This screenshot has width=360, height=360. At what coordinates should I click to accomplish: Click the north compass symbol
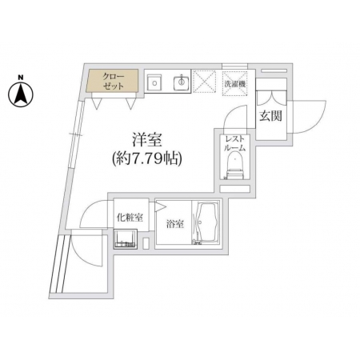[x=21, y=94]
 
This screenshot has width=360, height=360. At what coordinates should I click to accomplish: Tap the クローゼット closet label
[x=114, y=82]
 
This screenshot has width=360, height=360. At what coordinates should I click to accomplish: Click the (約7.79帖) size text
[x=147, y=159]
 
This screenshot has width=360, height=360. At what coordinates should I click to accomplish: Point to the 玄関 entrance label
[x=270, y=116]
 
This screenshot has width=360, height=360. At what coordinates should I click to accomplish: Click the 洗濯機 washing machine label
[x=234, y=84]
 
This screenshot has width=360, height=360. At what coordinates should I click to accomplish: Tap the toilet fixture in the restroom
[x=235, y=166]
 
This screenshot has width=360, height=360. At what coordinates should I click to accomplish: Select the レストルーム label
[x=234, y=143]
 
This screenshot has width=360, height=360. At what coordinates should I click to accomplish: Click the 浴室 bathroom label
[x=175, y=224]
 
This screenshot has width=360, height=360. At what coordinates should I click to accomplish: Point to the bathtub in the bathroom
[x=207, y=223]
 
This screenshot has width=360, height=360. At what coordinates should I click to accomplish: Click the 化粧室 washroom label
[x=130, y=218]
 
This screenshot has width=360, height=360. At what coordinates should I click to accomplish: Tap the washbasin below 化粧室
[x=125, y=239]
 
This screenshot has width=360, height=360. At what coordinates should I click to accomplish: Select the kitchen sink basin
[x=182, y=82]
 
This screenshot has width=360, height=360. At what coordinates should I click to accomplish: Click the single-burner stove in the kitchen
[x=154, y=82]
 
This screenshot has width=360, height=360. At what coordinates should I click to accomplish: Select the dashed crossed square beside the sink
[x=204, y=82]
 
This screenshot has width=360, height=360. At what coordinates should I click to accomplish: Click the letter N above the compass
[x=20, y=78]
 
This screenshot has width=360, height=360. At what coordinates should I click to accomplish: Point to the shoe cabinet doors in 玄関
[x=271, y=99]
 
